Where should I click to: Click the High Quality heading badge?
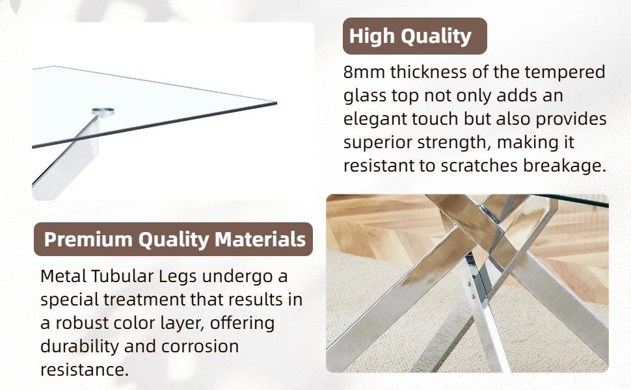point(414,36)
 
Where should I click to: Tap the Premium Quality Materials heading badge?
point(174,239)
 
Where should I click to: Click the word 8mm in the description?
point(364,72)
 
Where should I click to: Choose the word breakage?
point(564,166)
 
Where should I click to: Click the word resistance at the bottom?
point(85,370)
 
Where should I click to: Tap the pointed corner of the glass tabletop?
point(276,103)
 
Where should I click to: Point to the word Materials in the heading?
point(260,239)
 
